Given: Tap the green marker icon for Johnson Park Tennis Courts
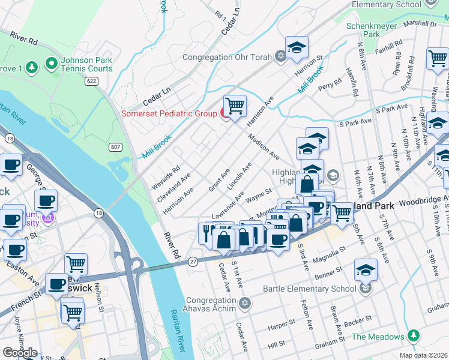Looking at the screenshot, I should click(50, 63).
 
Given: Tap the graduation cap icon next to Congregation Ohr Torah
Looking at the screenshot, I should click(296, 49).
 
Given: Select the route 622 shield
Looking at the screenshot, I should click(91, 81).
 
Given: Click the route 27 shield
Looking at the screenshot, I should click(193, 262).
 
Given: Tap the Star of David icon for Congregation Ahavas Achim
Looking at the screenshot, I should click(244, 301).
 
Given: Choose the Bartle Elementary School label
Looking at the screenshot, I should click(309, 289).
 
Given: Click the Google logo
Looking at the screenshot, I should click(20, 352).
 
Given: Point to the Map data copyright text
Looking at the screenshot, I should click(423, 355).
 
